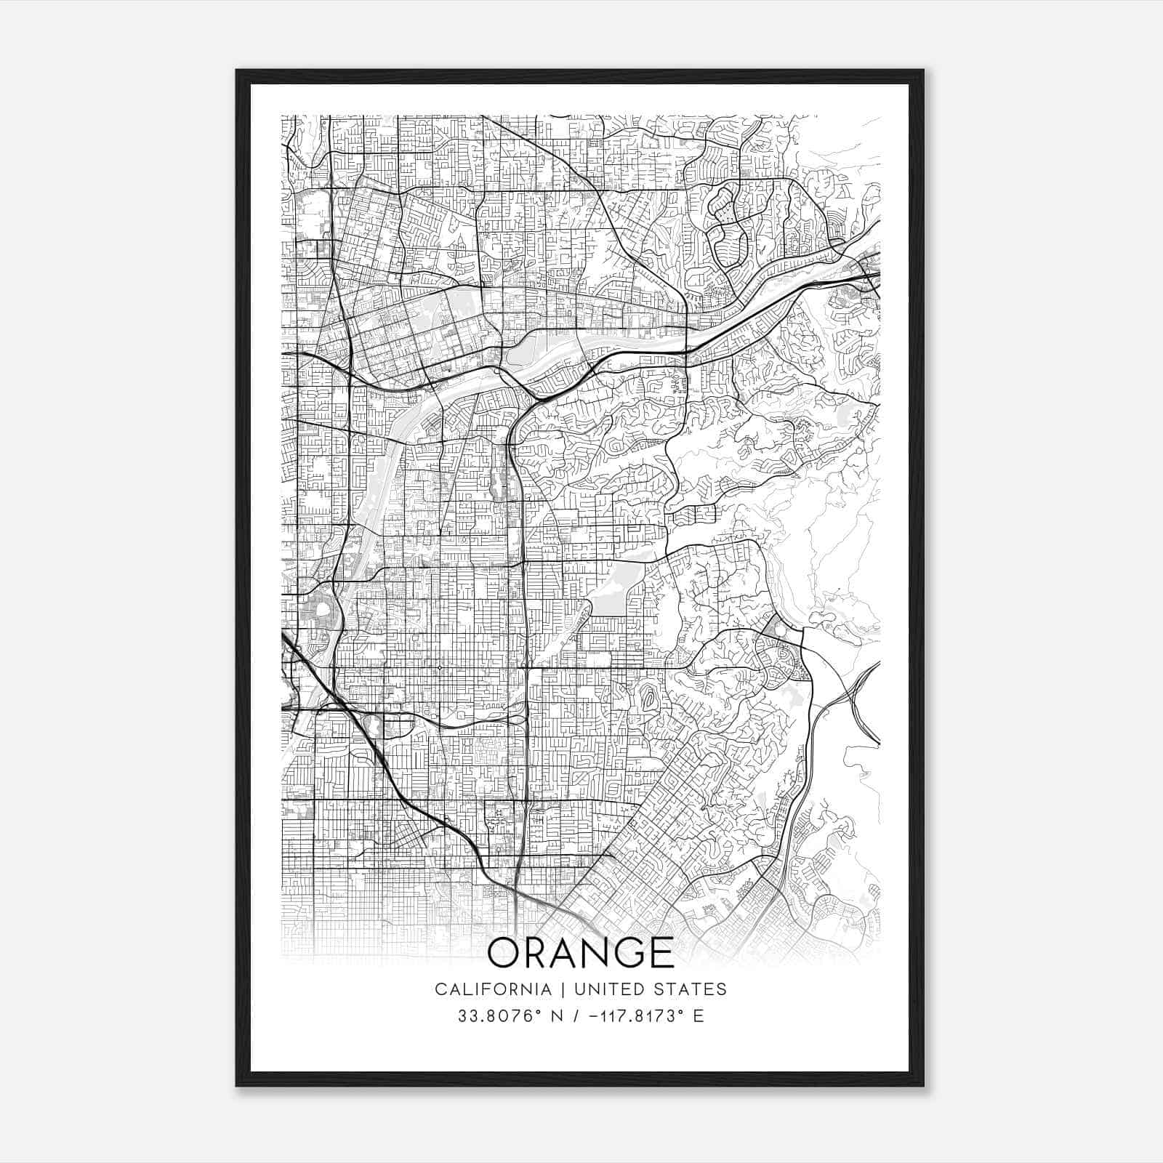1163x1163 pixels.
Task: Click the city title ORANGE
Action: [580, 952]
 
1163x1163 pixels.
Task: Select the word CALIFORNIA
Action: [492, 989]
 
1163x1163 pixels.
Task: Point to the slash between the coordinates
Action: [576, 1016]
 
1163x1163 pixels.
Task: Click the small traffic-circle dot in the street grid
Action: [438, 667]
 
